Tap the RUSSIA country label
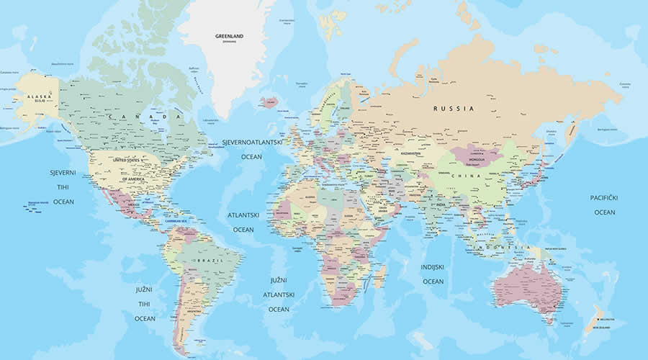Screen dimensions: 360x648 coord(454,108)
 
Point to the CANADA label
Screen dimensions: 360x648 coord(145,116)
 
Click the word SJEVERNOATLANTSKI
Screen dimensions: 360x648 coord(252,143)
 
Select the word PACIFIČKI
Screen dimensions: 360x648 coord(604,197)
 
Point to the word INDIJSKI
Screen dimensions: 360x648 coord(433,267)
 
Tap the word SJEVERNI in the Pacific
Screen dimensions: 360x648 coord(63,173)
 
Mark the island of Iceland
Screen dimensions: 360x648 coord(269,102)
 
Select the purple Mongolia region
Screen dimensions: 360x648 coord(475,153)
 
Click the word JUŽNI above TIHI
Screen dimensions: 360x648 coord(145,289)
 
